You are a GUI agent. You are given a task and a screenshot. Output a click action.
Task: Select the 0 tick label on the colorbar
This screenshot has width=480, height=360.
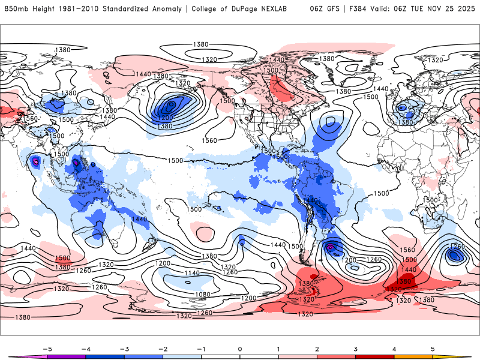pos(239,349)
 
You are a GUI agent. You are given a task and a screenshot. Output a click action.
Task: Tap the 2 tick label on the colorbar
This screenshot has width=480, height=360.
pos(317,349)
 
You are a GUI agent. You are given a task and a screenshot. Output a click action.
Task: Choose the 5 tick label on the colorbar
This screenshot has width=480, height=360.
pos(433,349)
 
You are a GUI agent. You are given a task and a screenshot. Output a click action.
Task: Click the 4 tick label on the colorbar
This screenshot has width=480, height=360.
pos(394,349)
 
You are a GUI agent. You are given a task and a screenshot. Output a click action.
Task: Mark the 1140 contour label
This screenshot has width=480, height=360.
pos(193,273)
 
